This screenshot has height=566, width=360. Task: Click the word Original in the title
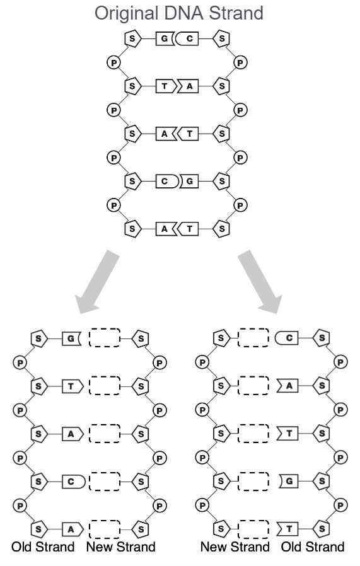click(126, 14)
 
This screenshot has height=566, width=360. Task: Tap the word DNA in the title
click(183, 13)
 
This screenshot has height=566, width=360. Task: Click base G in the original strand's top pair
click(165, 38)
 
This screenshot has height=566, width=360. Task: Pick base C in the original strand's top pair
click(188, 38)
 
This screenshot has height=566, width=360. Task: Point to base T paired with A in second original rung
click(166, 86)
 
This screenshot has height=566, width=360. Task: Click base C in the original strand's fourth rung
click(167, 181)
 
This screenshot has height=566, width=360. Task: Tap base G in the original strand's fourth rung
click(190, 181)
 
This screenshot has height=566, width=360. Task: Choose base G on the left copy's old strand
click(71, 338)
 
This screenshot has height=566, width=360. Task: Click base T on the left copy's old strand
click(73, 386)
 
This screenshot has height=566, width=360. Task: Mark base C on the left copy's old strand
click(74, 482)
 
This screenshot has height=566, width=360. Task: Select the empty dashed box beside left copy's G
click(105, 338)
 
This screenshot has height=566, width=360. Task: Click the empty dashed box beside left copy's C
click(105, 481)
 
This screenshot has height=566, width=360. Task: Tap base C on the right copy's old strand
click(287, 338)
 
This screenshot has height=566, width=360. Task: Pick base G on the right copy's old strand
click(289, 481)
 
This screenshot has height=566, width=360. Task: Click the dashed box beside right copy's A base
click(253, 386)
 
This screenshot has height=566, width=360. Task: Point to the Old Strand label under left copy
click(43, 547)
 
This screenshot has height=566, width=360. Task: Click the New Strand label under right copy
click(235, 547)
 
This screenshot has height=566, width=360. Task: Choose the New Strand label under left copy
click(121, 547)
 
